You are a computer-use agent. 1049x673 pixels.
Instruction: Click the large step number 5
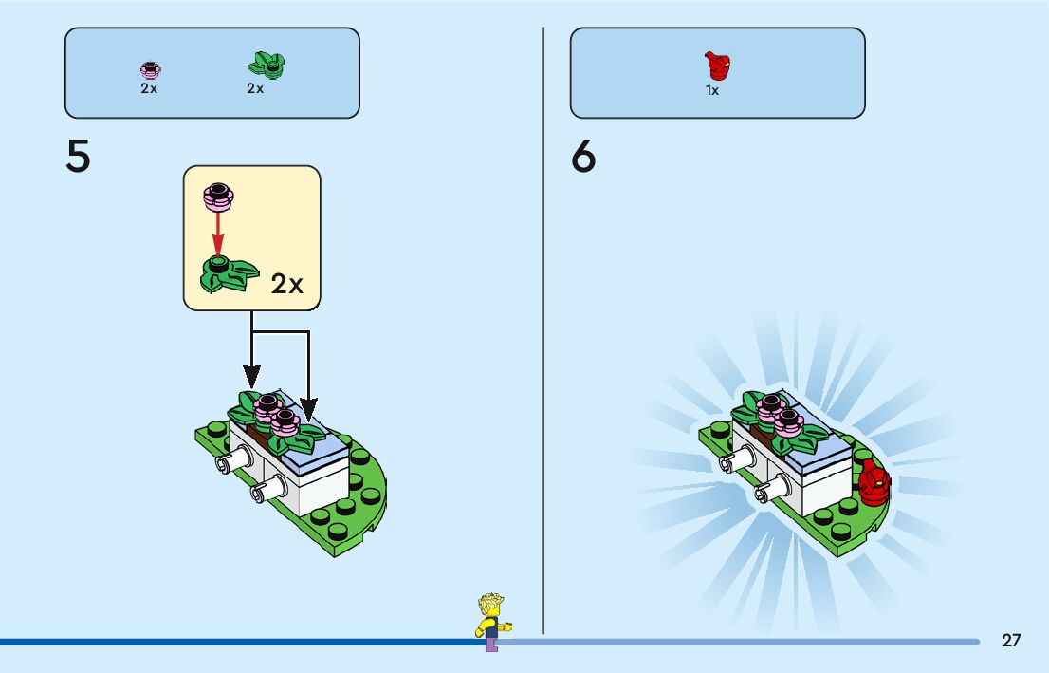78,157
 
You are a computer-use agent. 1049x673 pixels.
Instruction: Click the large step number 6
583,157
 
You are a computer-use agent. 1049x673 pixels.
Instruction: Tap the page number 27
1011,640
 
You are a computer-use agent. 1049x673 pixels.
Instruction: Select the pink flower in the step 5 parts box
150,69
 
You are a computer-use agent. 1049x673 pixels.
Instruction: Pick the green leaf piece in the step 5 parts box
267,65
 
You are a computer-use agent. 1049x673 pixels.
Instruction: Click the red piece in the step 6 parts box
718,66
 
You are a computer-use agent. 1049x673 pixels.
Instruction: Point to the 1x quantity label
712,91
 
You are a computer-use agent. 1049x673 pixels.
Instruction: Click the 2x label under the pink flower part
149,88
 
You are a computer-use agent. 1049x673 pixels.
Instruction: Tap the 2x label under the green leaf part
255,88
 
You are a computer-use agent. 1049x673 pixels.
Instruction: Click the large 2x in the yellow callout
287,284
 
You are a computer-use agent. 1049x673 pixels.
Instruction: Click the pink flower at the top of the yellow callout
218,196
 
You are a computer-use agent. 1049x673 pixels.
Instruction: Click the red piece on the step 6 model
874,482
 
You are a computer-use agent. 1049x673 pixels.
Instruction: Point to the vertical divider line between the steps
543,332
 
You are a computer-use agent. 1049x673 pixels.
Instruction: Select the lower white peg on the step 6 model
764,493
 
